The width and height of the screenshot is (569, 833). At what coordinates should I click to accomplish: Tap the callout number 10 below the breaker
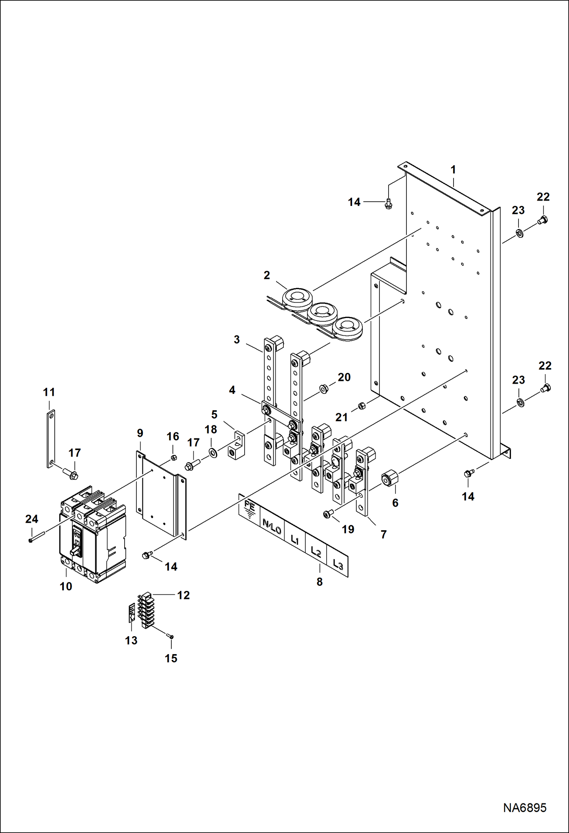tap(66, 586)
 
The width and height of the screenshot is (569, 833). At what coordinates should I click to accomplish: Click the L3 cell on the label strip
tap(338, 564)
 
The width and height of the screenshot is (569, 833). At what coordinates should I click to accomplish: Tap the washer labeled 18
tap(213, 453)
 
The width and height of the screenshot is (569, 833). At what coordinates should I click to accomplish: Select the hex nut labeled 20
tap(324, 389)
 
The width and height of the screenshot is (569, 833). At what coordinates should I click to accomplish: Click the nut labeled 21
tap(362, 406)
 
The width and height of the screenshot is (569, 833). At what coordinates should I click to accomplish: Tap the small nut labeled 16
tap(174, 457)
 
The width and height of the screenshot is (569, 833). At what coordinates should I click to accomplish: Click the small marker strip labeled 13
tap(131, 612)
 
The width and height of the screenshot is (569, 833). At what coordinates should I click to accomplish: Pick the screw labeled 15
tap(170, 636)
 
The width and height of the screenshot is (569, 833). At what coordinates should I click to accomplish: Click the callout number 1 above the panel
tap(453, 170)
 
